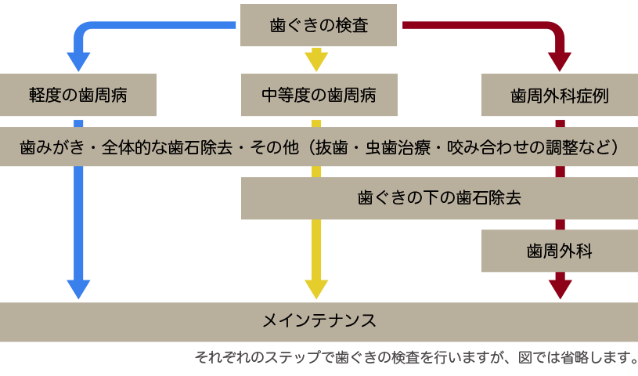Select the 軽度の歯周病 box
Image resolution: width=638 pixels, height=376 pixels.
tap(78, 96)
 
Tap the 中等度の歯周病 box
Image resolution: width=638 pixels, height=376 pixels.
tap(319, 96)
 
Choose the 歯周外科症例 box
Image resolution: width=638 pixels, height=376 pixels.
tap(559, 96)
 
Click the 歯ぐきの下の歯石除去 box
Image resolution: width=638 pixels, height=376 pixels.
tap(438, 197)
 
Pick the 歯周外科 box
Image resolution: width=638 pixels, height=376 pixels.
tap(559, 251)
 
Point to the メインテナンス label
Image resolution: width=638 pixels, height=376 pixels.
tap(319, 320)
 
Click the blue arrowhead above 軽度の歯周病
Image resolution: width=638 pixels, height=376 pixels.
tap(78, 61)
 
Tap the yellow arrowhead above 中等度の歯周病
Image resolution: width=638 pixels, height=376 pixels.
tap(316, 60)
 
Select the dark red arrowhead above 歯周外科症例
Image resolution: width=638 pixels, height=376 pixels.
tap(559, 61)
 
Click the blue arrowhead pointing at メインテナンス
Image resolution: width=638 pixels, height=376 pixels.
tap(78, 287)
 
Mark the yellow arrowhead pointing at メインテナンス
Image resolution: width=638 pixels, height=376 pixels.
tap(316, 287)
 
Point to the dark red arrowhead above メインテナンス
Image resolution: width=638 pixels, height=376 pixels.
tap(559, 287)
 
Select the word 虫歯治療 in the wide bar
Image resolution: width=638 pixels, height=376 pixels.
tap(395, 146)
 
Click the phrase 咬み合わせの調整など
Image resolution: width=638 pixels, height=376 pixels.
tap(528, 146)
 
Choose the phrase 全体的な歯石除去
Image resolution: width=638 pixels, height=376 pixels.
tap(165, 146)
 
